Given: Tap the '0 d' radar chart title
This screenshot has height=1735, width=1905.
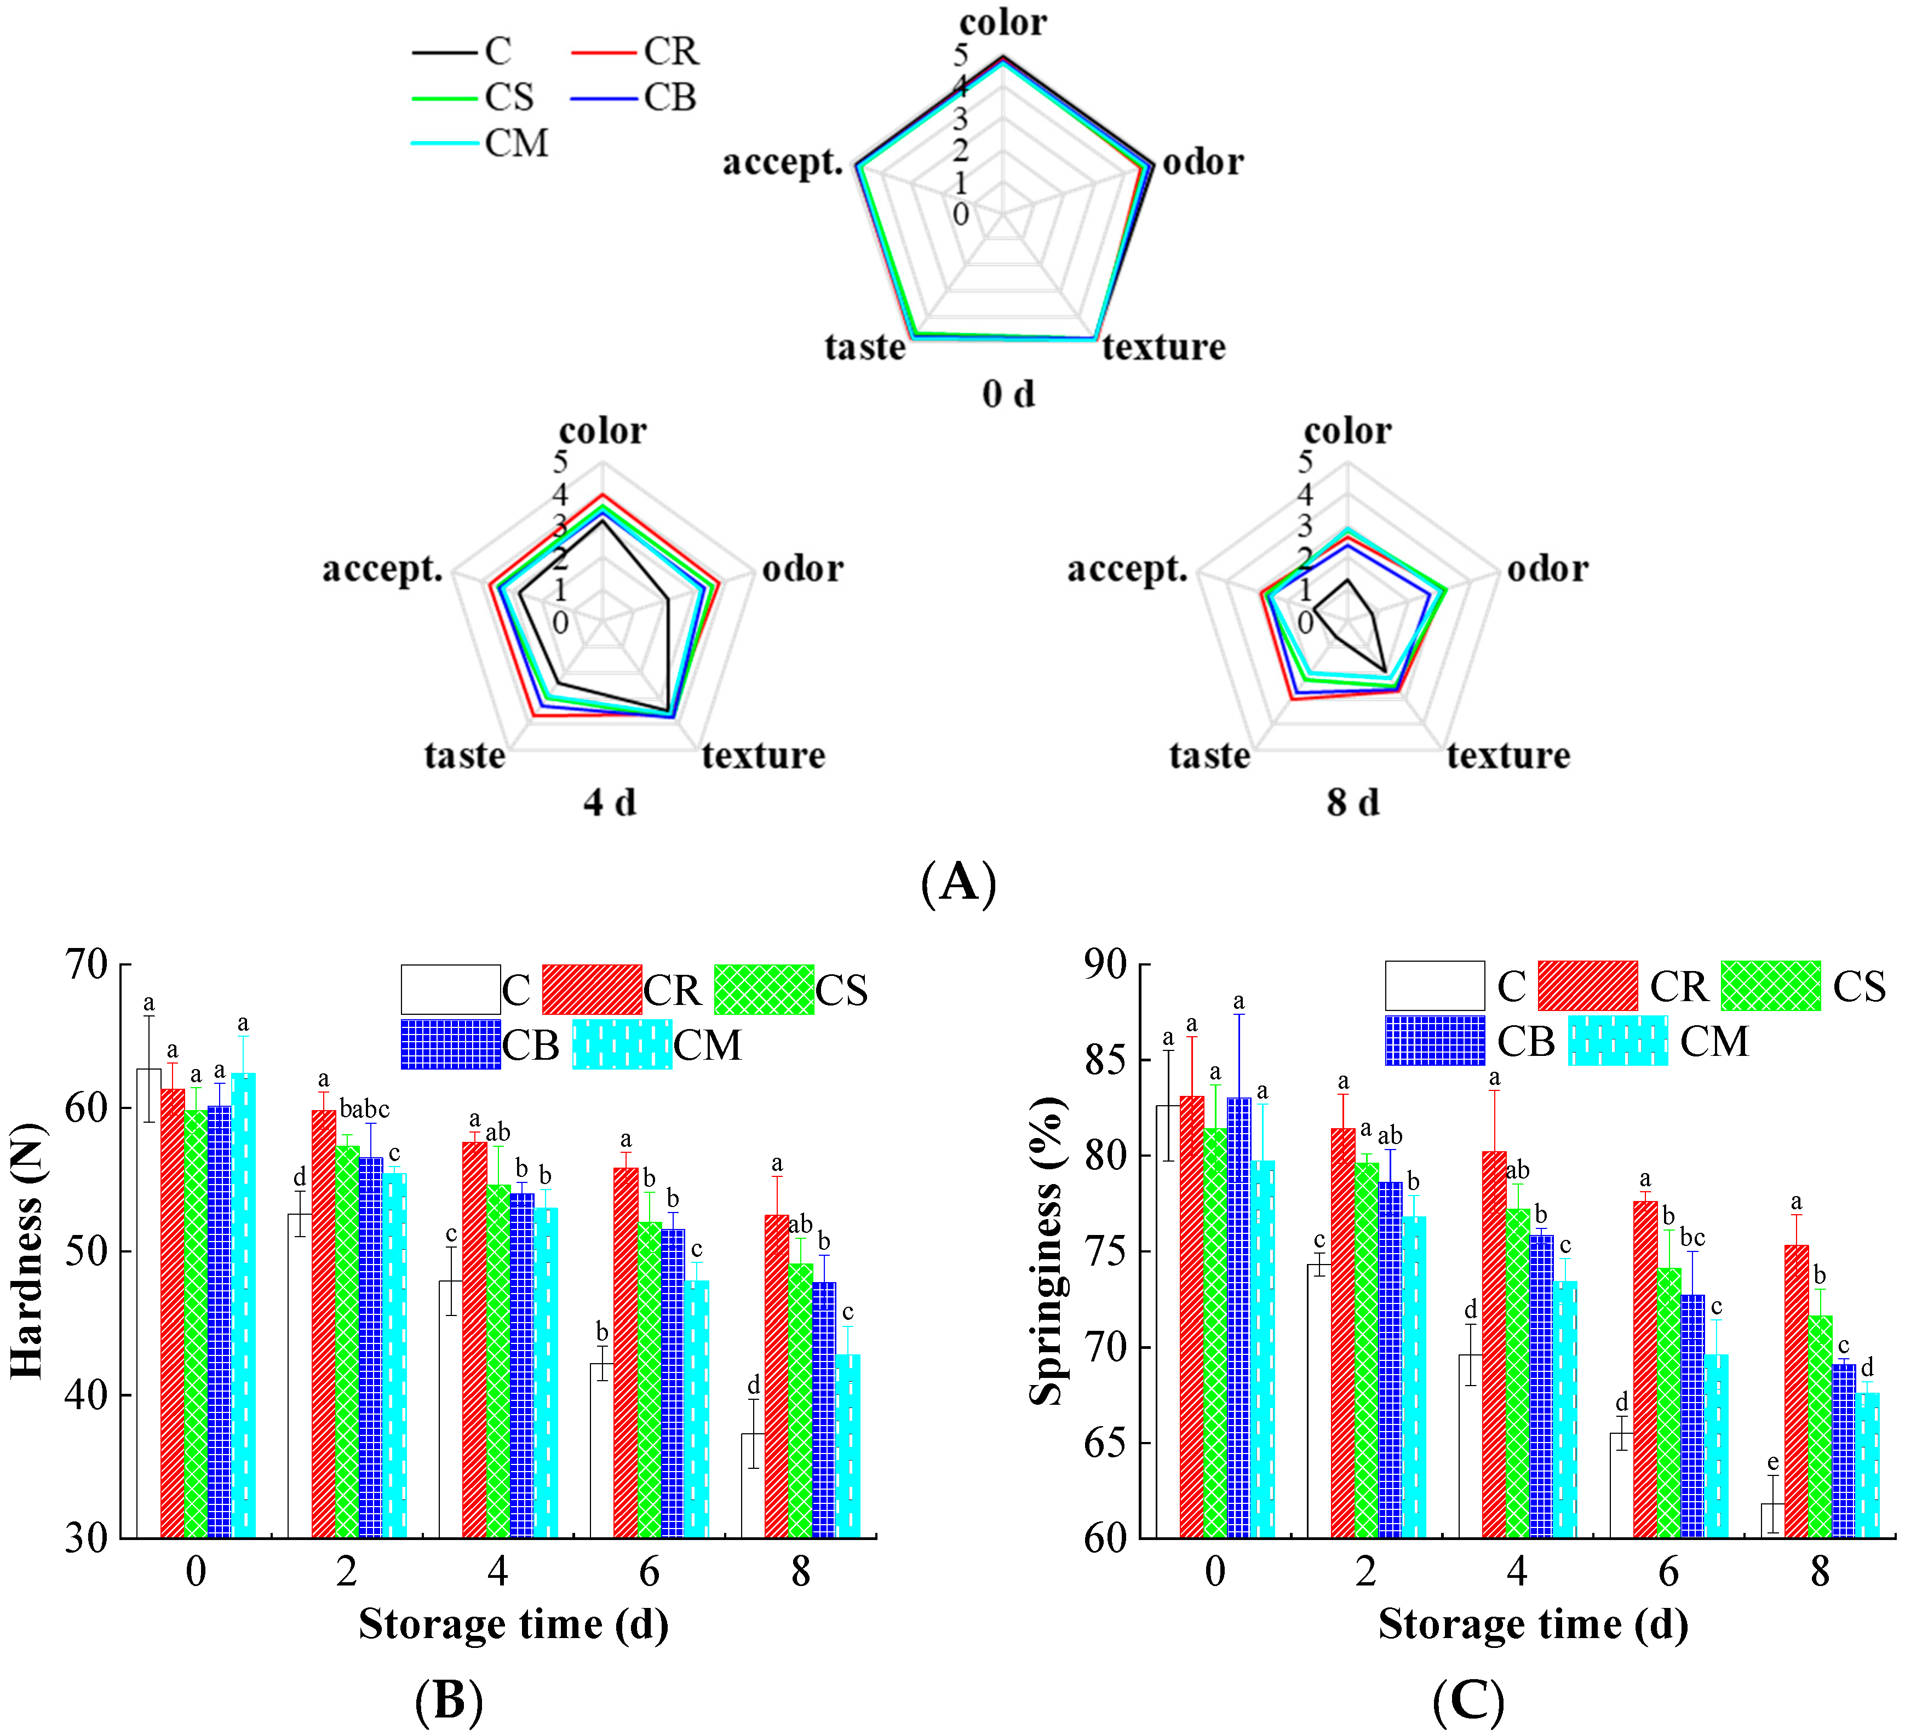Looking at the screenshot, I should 1008,393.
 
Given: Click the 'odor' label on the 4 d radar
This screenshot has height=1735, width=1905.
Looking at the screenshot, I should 802,569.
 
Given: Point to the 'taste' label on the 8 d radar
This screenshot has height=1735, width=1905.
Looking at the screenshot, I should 1209,756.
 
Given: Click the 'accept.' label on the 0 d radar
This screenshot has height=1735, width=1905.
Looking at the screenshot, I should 782,163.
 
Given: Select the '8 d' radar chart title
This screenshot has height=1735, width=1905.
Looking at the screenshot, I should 1352,802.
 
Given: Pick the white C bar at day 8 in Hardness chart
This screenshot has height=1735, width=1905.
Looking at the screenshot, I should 753,1485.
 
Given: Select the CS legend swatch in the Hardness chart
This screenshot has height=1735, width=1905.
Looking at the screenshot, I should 764,990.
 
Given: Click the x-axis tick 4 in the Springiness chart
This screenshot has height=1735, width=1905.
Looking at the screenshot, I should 1517,1571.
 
